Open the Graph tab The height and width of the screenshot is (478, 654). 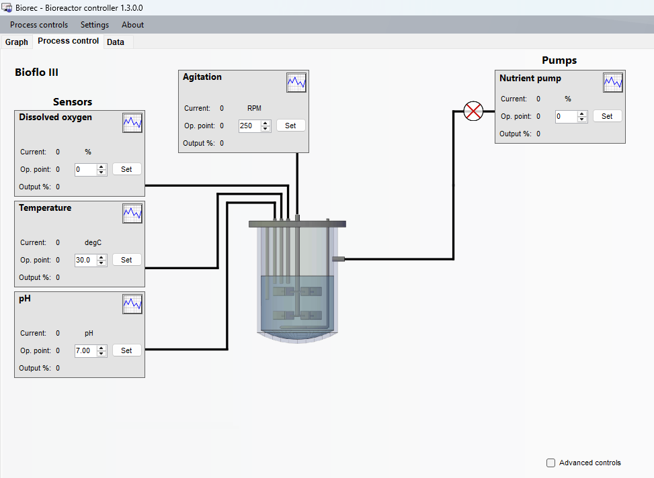click(17, 42)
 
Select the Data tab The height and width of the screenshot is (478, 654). click(116, 42)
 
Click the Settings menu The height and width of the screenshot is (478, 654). click(95, 25)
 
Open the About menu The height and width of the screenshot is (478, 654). click(132, 25)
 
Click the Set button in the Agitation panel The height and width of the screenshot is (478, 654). click(291, 126)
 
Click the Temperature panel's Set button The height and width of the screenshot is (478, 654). click(127, 260)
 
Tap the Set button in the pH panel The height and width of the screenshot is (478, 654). click(127, 350)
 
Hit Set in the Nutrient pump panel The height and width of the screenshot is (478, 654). click(608, 116)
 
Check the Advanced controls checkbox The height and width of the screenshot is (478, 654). click(551, 463)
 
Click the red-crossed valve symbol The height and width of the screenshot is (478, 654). click(473, 111)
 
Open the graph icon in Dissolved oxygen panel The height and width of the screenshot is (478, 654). click(132, 123)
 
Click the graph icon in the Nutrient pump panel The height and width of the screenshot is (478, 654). click(613, 83)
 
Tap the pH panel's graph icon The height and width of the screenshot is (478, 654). click(132, 304)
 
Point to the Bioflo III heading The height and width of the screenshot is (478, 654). click(37, 73)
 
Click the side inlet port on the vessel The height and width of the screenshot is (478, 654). click(338, 259)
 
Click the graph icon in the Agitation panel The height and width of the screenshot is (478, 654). click(296, 83)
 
